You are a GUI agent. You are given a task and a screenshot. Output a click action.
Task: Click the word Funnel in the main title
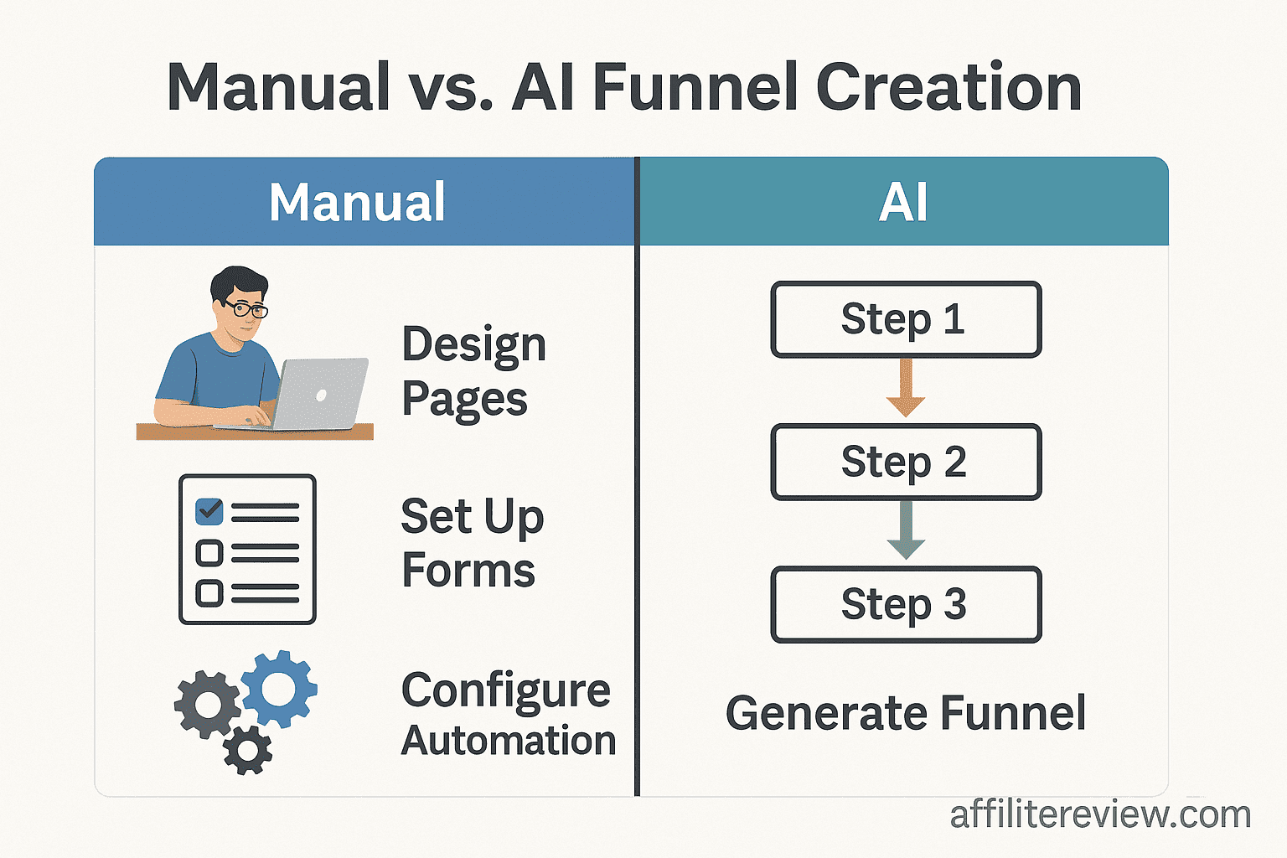pos(695,87)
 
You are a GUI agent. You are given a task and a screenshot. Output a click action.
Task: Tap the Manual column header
pos(357,202)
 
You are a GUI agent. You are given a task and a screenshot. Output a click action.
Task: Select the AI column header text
pos(903,202)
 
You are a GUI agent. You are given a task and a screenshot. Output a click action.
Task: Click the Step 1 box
pos(905,319)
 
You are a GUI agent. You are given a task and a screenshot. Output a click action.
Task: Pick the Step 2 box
pos(905,462)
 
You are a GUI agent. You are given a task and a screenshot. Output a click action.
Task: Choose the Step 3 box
pos(905,604)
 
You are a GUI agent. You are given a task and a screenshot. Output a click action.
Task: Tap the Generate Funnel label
pos(905,713)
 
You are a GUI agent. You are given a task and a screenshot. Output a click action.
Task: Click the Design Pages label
pos(474,371)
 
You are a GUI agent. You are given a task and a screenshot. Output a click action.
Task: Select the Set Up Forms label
pos(472,543)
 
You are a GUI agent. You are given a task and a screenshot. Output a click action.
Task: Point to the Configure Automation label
pos(508,715)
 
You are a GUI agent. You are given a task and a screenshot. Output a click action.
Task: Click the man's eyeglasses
pos(246,309)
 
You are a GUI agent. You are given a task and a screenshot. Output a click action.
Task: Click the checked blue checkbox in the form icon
pos(209,511)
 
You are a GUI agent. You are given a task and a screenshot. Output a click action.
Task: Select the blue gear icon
pos(279,689)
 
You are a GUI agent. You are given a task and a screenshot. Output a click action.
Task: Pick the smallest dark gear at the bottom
pos(248,750)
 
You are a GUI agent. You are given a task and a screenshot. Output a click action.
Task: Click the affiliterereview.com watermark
pos(1100,814)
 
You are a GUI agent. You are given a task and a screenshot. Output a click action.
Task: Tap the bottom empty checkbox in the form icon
pos(209,593)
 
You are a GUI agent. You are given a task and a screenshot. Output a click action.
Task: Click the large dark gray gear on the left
pos(207,705)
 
